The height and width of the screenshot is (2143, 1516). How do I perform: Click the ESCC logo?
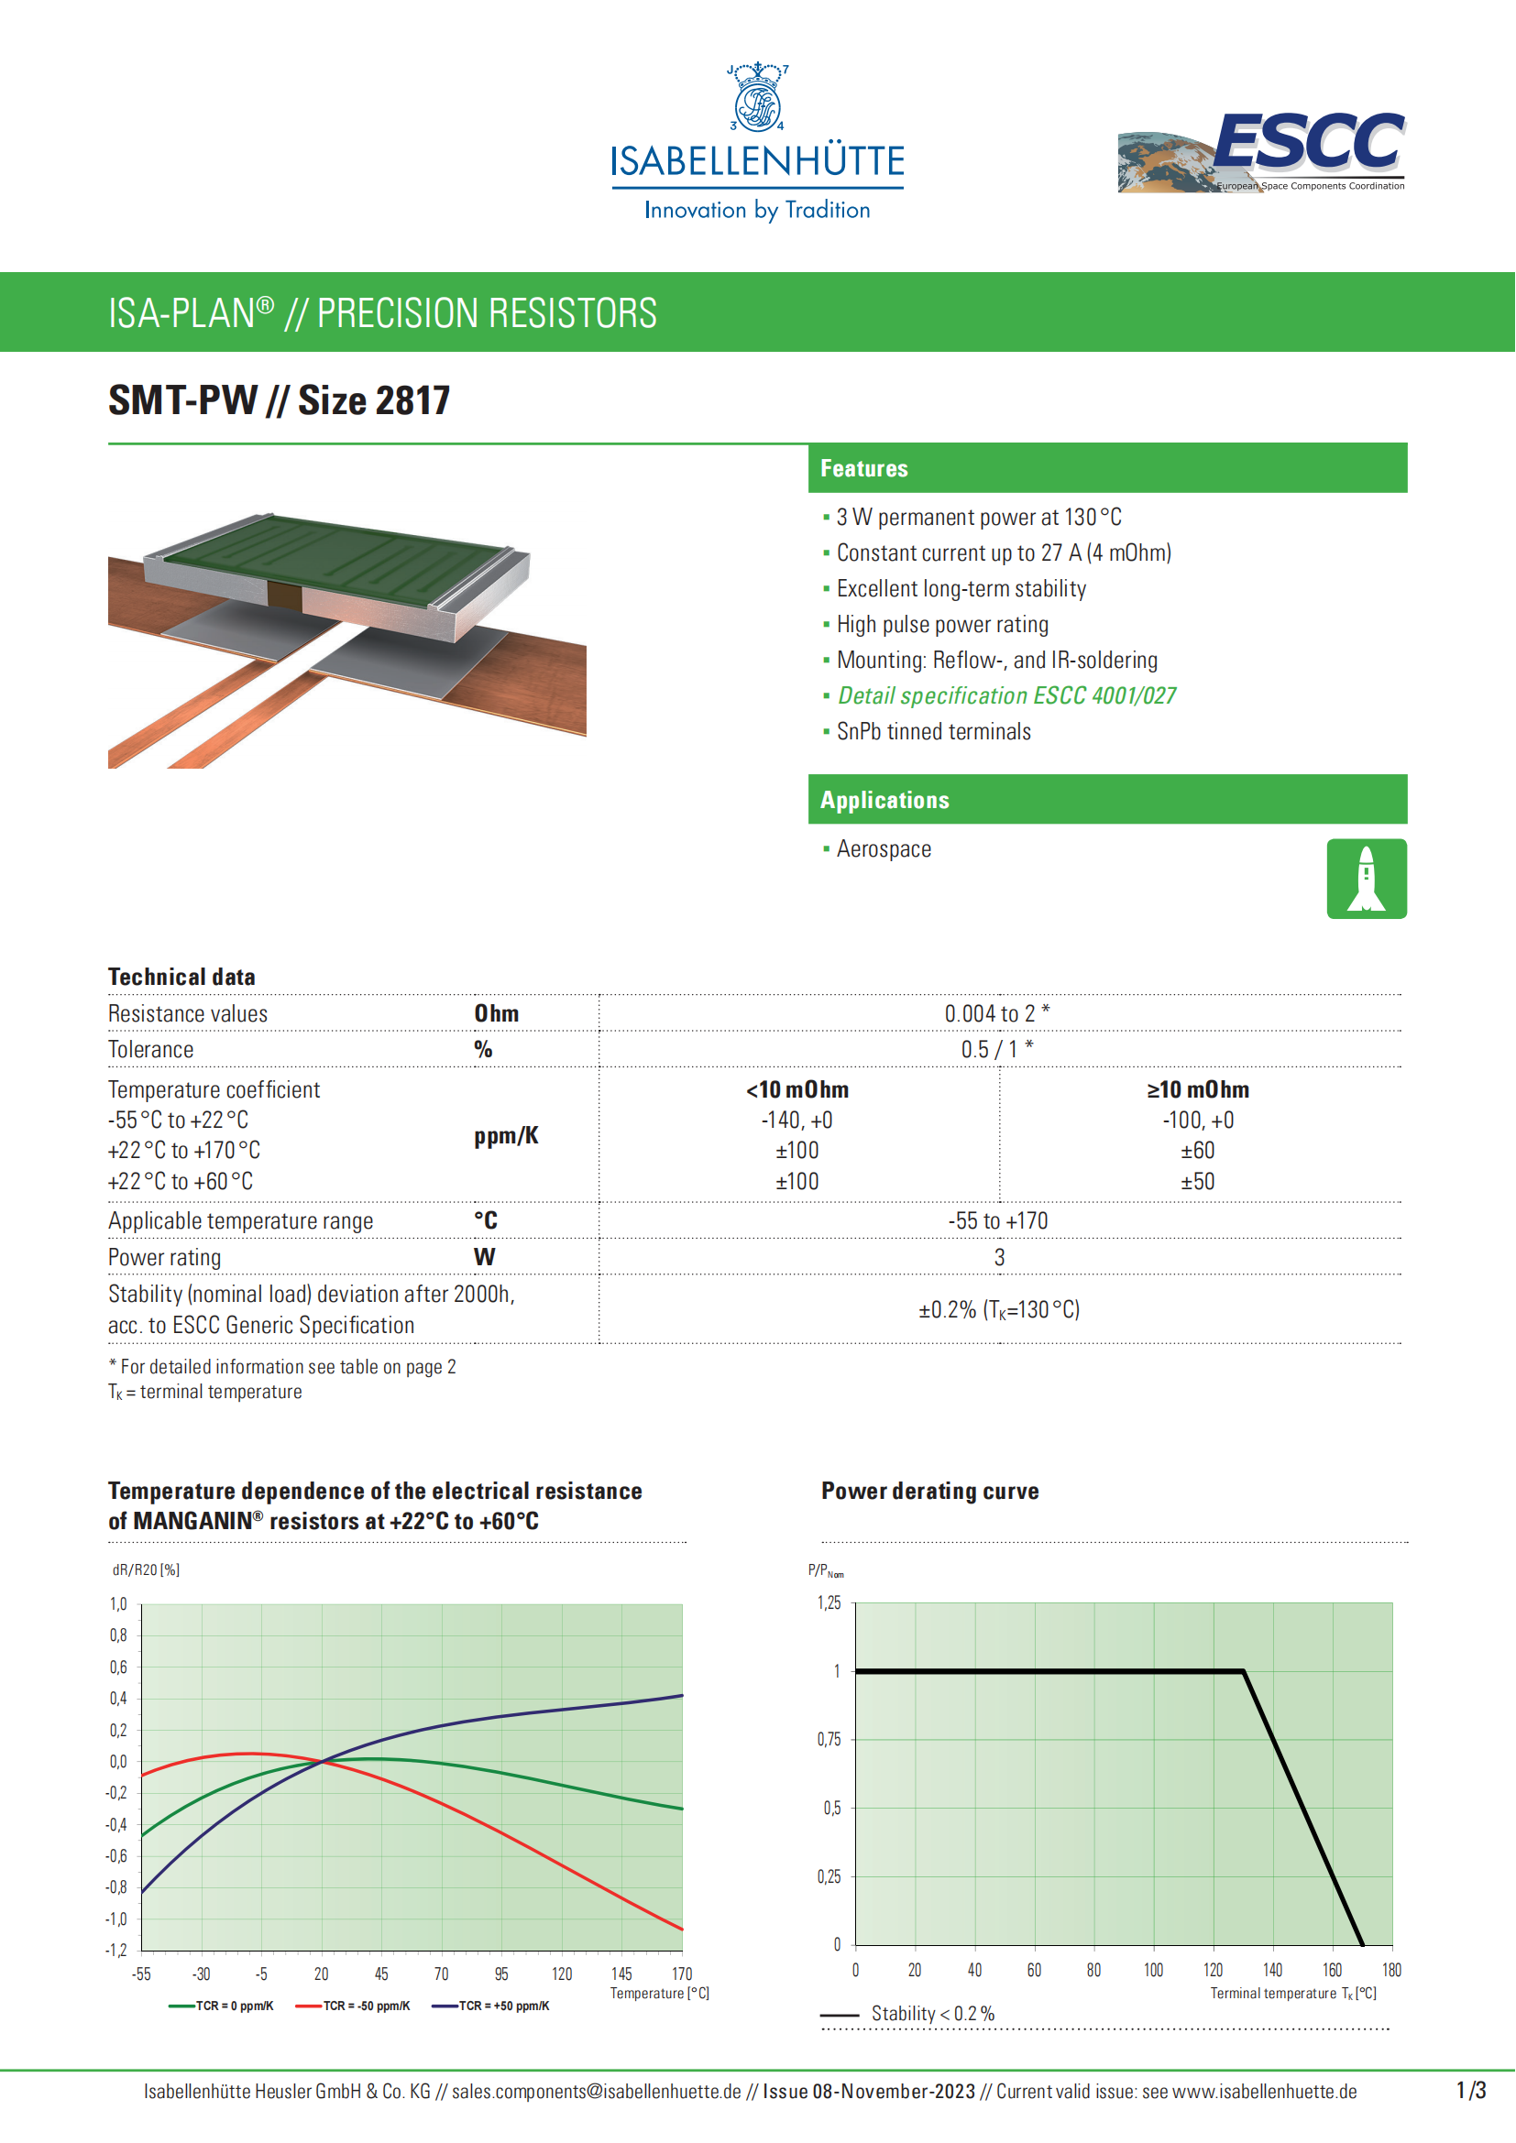click(x=1263, y=151)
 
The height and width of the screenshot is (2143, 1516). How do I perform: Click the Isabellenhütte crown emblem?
click(x=757, y=98)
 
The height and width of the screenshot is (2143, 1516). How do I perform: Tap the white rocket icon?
click(x=1366, y=879)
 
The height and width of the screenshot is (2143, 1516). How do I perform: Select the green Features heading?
click(x=863, y=468)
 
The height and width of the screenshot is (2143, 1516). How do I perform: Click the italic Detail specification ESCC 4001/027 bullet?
click(x=1006, y=695)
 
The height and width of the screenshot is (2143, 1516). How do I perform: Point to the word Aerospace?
click(x=883, y=849)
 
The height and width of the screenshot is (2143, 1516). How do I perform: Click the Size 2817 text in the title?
click(x=373, y=400)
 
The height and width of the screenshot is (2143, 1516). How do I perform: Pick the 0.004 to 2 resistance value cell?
click(x=997, y=1013)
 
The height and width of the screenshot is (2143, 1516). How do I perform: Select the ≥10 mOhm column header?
click(x=1198, y=1089)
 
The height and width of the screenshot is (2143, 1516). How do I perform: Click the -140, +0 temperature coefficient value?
click(x=796, y=1120)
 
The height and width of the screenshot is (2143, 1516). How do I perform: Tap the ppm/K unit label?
click(x=506, y=1136)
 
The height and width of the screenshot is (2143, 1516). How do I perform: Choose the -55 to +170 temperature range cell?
click(x=997, y=1220)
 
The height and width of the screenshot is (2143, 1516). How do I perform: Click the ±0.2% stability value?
click(x=998, y=1309)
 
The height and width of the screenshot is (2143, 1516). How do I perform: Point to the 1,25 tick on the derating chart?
click(x=829, y=1603)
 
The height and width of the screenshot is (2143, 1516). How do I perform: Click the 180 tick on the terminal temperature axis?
click(x=1391, y=1971)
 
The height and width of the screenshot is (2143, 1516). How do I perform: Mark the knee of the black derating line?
click(x=1244, y=1671)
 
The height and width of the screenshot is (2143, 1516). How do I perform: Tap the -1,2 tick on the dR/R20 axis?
click(x=115, y=1951)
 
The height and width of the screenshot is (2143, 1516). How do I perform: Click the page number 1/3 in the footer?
click(x=1470, y=2091)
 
